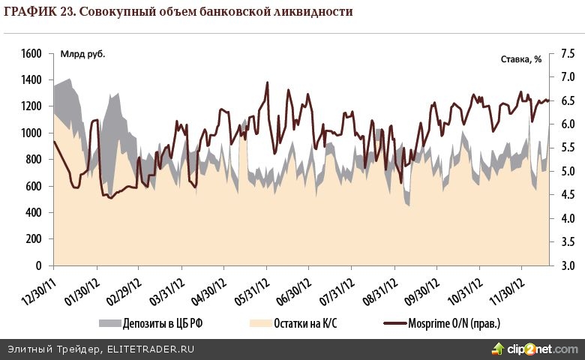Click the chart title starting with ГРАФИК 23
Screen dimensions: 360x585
[x=178, y=12]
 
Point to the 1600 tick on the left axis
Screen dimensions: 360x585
[x=31, y=54]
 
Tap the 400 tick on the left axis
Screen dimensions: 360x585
[x=33, y=213]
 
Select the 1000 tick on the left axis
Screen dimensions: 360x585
[x=31, y=133]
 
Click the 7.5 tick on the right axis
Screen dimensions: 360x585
[x=568, y=54]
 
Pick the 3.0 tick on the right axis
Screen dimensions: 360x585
[x=568, y=266]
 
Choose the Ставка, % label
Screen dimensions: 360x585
[x=520, y=58]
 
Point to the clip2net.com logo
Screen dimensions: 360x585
[x=534, y=349]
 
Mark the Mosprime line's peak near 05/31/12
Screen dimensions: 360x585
[x=267, y=82]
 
